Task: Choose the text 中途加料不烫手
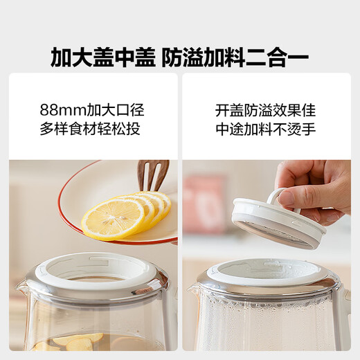266,129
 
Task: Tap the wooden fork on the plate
152,176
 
